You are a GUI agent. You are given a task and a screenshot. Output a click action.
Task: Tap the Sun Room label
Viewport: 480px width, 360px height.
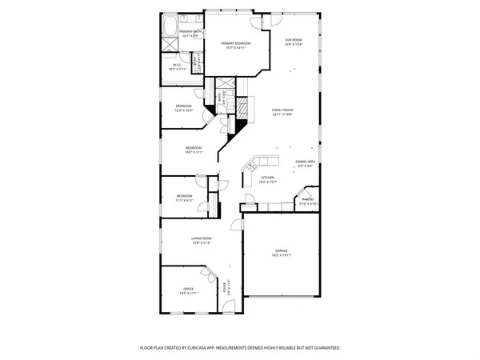294,39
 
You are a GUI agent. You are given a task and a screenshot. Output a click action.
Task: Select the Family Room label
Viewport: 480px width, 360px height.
282,110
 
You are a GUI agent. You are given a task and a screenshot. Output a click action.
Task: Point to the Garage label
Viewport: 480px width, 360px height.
281,250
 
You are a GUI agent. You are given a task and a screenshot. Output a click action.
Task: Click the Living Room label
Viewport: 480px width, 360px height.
201,238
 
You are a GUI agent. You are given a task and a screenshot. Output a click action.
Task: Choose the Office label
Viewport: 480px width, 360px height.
189,289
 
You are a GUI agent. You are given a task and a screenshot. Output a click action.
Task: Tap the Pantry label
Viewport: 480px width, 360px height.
307,199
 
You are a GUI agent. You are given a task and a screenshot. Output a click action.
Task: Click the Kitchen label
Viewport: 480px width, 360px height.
268,177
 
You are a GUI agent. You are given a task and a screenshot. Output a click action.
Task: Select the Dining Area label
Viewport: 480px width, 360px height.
306,162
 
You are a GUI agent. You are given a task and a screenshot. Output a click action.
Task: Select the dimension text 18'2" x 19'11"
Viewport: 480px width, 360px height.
281,255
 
